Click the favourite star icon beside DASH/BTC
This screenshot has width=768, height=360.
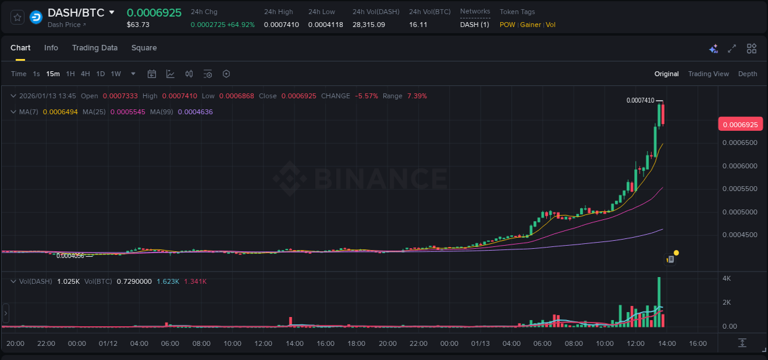coord(18,17)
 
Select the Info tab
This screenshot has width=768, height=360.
coord(51,48)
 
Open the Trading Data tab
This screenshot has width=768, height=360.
coord(95,48)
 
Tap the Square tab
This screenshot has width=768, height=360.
coord(144,48)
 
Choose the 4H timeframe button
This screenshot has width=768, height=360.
coord(85,74)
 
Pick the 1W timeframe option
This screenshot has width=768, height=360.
coord(116,74)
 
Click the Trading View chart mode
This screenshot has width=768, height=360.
coord(708,74)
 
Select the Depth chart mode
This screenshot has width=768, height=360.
coord(748,74)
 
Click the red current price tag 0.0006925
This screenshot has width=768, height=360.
coord(740,125)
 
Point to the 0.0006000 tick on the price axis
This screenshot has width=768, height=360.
coord(739,166)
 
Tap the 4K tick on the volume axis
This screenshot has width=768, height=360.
coord(726,279)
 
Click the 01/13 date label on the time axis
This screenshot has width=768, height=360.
coord(480,343)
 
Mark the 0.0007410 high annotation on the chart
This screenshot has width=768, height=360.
coord(640,100)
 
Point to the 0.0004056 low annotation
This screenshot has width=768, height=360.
coord(70,256)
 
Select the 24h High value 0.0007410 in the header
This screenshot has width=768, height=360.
coord(281,25)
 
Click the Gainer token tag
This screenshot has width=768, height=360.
coord(531,25)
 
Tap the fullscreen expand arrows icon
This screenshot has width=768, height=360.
coord(732,49)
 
